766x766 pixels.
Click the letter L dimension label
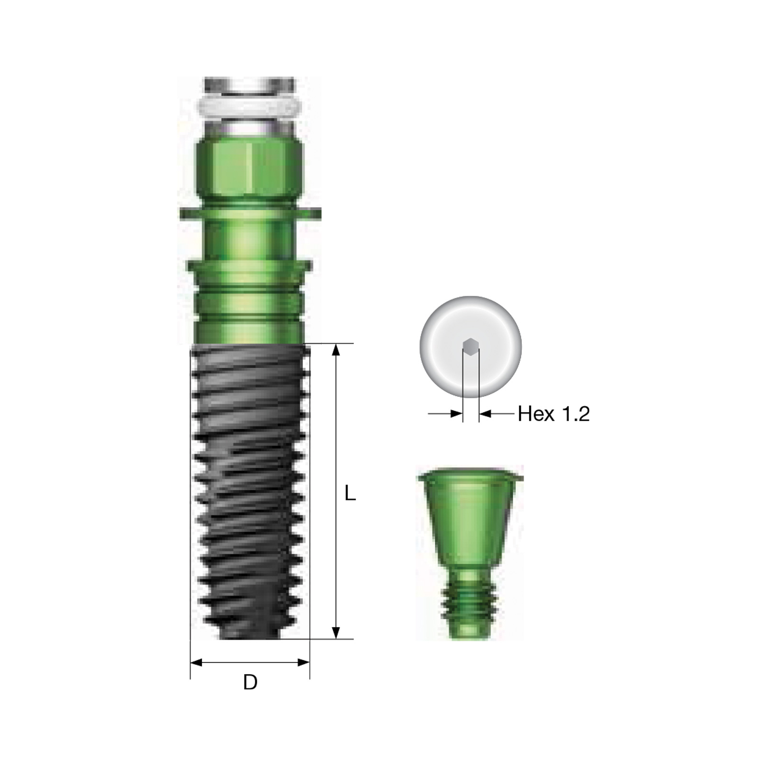(350, 493)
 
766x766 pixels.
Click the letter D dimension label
(250, 682)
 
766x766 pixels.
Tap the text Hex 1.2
(553, 414)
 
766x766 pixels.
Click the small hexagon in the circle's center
(471, 345)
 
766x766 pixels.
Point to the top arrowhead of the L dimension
(336, 349)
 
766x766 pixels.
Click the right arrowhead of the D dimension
(304, 663)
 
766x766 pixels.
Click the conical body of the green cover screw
(470, 522)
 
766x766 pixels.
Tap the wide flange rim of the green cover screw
(470, 476)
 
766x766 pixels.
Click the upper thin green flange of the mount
(250, 213)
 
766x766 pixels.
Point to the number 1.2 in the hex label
(574, 414)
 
